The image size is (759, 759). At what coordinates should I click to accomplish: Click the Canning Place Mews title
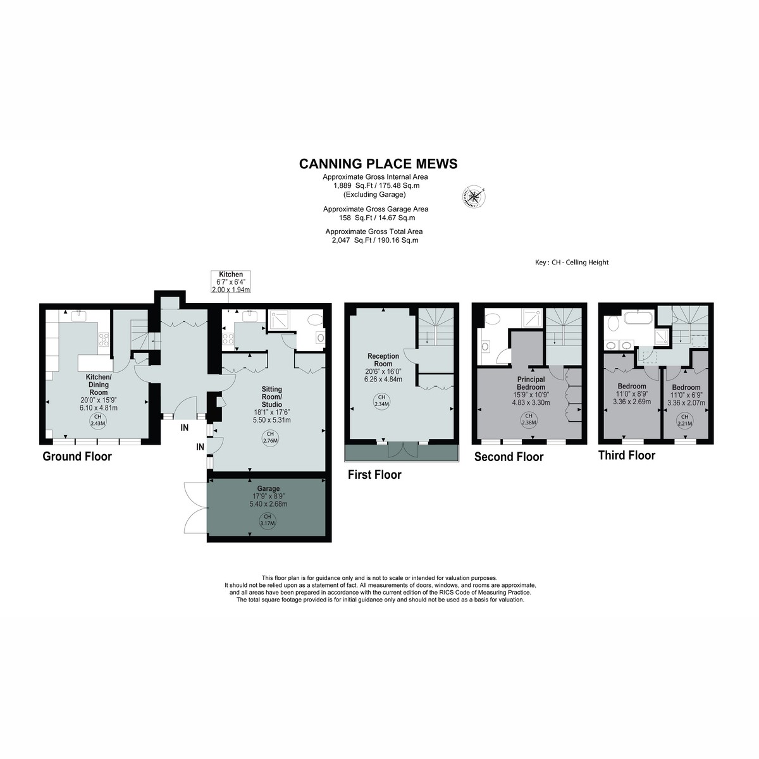click(378, 164)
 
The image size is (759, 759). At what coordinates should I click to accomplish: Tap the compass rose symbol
click(474, 196)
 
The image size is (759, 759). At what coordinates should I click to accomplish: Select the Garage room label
click(268, 488)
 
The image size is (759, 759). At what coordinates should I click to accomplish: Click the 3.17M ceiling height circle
click(268, 520)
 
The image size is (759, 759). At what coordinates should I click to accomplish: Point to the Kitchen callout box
click(231, 281)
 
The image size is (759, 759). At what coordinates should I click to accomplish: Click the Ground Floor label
click(77, 457)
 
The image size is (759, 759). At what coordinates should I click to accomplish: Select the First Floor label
click(374, 474)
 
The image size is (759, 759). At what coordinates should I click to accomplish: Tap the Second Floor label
click(509, 457)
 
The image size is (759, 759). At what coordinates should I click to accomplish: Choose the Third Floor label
click(627, 455)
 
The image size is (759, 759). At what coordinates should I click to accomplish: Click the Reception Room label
click(383, 360)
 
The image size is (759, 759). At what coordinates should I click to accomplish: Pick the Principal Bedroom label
click(531, 383)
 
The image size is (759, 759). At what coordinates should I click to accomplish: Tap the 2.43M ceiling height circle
click(97, 420)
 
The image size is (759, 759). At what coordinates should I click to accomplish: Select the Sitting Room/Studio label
click(272, 397)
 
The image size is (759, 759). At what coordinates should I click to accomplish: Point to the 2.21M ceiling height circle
click(684, 420)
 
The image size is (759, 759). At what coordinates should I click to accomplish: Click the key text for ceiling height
click(572, 262)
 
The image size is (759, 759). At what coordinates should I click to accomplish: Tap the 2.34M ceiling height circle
click(381, 401)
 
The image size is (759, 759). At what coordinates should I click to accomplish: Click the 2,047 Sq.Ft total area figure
click(341, 240)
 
